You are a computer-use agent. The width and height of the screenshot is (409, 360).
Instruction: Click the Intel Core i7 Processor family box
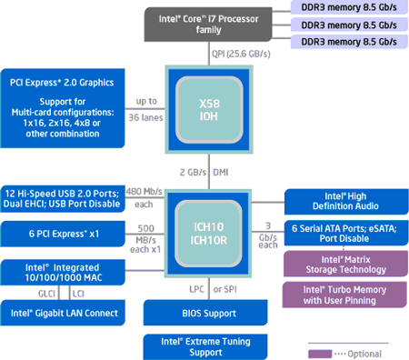point(211,22)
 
